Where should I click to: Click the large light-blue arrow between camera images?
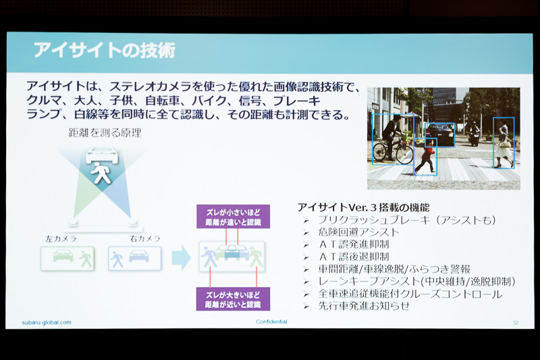[x=181, y=257]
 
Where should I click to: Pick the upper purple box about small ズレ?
[x=233, y=216]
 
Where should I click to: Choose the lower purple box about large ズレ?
[x=233, y=299]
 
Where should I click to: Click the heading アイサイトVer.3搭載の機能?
[x=362, y=207]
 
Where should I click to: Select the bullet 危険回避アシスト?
[x=358, y=232]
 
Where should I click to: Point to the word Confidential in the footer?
[x=271, y=322]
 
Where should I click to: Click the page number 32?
[x=515, y=322]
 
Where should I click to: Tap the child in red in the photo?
[x=425, y=157]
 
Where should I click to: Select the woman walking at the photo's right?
[x=504, y=143]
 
